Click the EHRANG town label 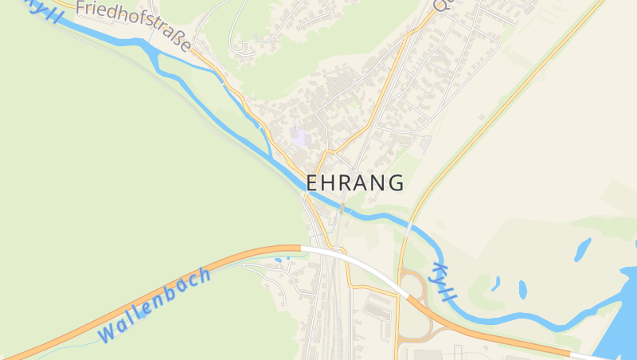click(354, 182)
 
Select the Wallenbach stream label click(155, 305)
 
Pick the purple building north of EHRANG click(299, 135)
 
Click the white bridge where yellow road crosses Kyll click(408, 229)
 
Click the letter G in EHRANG click(396, 182)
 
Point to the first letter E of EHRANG click(312, 182)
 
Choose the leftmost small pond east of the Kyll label click(495, 283)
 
